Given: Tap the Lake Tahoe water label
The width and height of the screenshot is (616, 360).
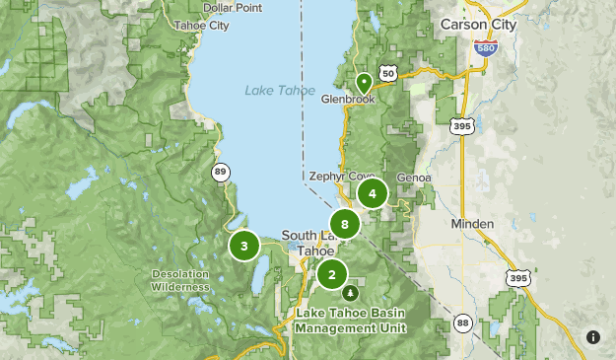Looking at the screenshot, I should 274,92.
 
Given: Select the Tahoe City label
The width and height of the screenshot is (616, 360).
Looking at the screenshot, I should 200,26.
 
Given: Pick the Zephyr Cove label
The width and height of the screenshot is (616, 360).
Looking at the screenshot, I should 339,177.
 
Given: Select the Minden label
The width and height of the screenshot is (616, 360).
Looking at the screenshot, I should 472,224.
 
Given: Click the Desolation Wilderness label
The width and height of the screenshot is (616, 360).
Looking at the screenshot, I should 180,280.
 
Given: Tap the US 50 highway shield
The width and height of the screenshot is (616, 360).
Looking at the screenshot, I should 388,74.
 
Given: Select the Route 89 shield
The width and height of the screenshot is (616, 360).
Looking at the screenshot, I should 220,172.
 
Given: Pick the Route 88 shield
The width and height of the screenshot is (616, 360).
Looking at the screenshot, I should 462,323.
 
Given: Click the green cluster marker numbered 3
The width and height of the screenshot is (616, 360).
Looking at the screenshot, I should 243,246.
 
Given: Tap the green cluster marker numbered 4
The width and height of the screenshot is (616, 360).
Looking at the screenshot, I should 372,193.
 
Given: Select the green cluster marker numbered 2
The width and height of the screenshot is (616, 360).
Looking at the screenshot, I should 332,274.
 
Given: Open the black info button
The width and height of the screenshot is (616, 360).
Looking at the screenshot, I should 593,337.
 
